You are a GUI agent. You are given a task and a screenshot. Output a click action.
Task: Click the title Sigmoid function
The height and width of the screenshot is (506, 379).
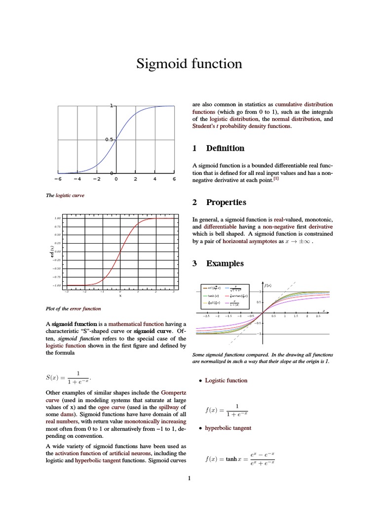(x=189, y=64)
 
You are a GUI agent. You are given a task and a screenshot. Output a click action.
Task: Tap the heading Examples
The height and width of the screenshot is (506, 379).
(x=225, y=263)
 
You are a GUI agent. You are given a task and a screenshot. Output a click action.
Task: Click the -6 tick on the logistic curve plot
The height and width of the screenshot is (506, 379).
(x=58, y=179)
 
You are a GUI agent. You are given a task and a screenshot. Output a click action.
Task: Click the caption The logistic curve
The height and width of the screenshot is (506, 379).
(x=65, y=195)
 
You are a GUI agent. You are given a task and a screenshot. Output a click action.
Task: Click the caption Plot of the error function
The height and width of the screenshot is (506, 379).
(x=73, y=308)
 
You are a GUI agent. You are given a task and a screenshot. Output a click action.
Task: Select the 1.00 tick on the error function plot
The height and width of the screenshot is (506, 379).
(x=57, y=218)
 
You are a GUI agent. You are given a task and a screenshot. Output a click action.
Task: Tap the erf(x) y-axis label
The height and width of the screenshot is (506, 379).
(x=51, y=251)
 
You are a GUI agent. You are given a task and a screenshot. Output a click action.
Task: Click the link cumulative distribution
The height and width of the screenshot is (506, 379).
(x=304, y=104)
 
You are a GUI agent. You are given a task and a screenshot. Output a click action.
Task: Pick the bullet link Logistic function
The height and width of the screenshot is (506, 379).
(x=226, y=380)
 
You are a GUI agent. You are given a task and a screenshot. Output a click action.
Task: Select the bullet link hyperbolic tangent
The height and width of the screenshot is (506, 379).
(x=228, y=428)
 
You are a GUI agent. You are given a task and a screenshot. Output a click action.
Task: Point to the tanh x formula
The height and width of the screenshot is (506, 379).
(x=239, y=459)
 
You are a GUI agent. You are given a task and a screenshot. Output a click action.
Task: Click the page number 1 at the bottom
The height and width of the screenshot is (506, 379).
(x=189, y=478)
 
